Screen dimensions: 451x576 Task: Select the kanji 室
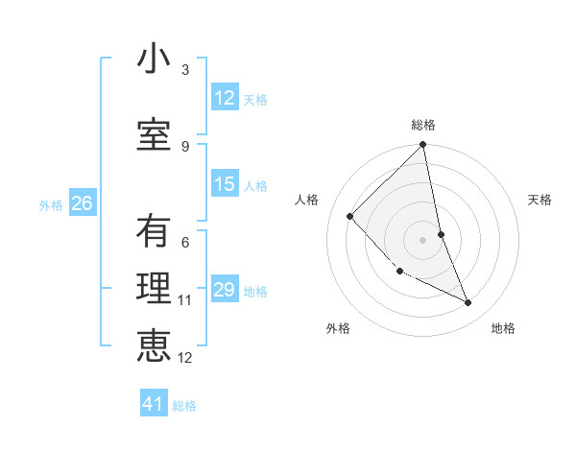tap(154, 134)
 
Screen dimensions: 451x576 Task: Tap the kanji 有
tap(154, 233)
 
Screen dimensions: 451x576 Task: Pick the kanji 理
tap(154, 289)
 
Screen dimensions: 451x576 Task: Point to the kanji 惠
tap(154, 345)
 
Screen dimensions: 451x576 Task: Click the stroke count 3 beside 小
tap(185, 70)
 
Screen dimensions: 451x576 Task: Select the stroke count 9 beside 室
tap(185, 146)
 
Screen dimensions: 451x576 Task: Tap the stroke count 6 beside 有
tap(185, 244)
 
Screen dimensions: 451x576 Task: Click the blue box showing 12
tap(225, 98)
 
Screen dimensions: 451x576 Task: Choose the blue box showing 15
tap(225, 184)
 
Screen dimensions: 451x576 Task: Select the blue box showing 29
tap(225, 291)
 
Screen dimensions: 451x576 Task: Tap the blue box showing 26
tap(83, 203)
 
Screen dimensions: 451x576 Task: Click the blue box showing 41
tap(154, 404)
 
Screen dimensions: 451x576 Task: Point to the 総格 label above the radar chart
tap(423, 125)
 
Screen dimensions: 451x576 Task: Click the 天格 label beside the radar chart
tap(540, 200)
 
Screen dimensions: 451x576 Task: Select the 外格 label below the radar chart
tap(338, 328)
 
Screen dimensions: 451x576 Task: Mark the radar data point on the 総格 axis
tap(423, 145)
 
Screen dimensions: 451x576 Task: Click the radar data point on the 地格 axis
tap(468, 302)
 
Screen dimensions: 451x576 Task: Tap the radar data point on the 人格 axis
tap(350, 216)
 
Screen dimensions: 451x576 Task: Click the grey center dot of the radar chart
tap(423, 239)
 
